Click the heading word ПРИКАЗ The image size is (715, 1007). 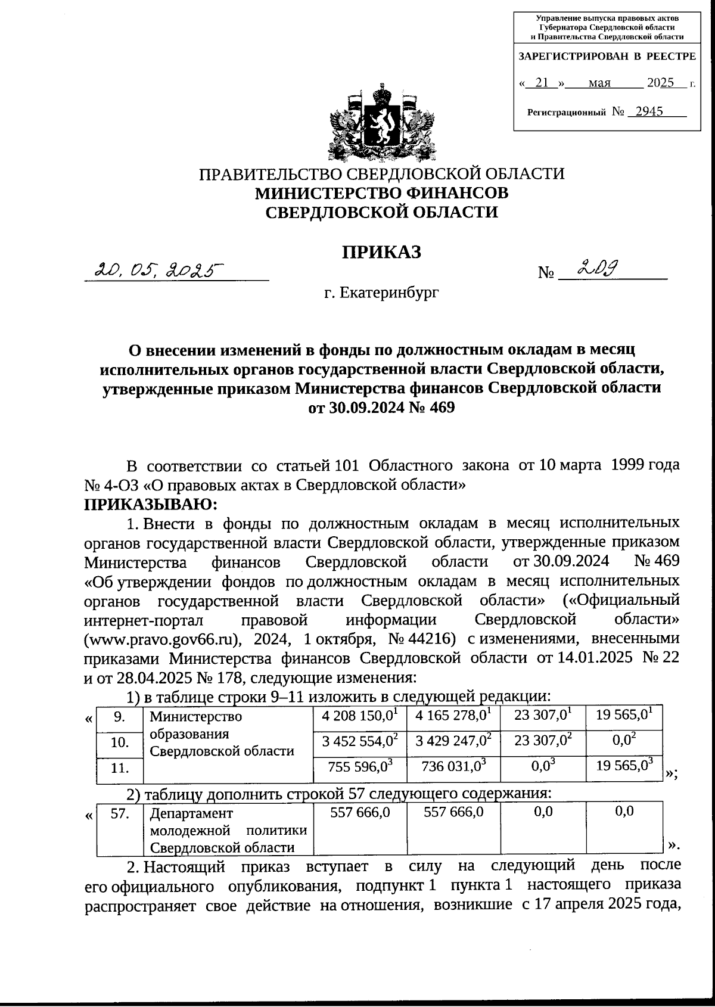(381, 252)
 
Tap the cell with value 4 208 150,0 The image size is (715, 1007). (360, 715)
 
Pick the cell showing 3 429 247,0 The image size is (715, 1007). (453, 741)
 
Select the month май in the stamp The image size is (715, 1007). (599, 83)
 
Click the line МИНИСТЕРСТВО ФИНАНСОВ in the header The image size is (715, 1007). (381, 193)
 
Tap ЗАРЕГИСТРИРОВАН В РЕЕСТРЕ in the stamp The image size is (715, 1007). (607, 57)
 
